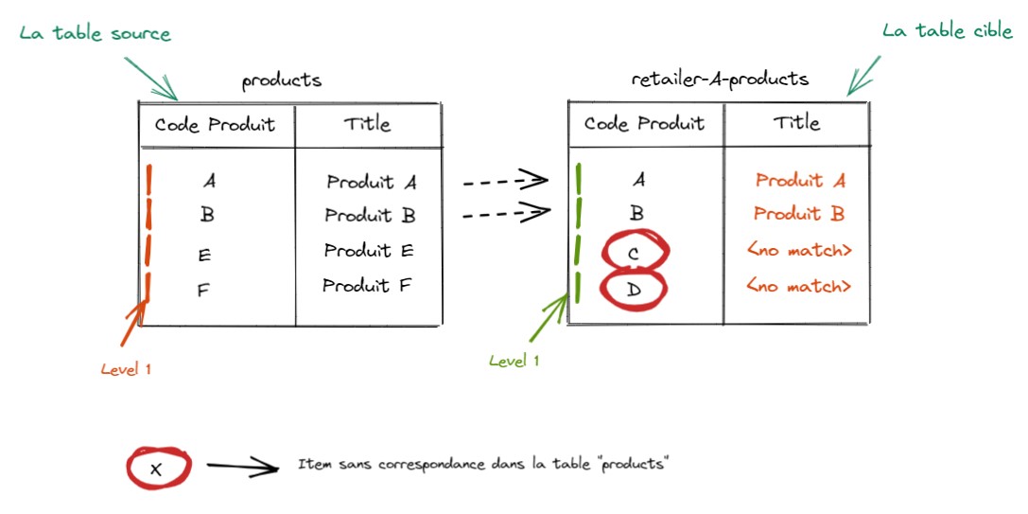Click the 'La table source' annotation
click(95, 34)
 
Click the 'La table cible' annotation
click(947, 31)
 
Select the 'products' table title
click(281, 80)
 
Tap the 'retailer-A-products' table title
click(720, 79)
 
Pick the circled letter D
click(636, 289)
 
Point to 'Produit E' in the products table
click(370, 251)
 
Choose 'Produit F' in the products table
click(368, 285)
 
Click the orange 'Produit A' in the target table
click(800, 181)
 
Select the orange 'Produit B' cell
click(799, 214)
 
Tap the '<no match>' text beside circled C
click(799, 251)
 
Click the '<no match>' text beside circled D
click(799, 286)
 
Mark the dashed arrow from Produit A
click(505, 181)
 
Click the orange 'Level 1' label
click(126, 370)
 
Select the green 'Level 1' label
click(514, 361)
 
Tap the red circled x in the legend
click(158, 467)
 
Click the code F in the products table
click(203, 291)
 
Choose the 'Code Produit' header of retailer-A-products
click(644, 124)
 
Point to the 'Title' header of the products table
click(367, 124)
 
